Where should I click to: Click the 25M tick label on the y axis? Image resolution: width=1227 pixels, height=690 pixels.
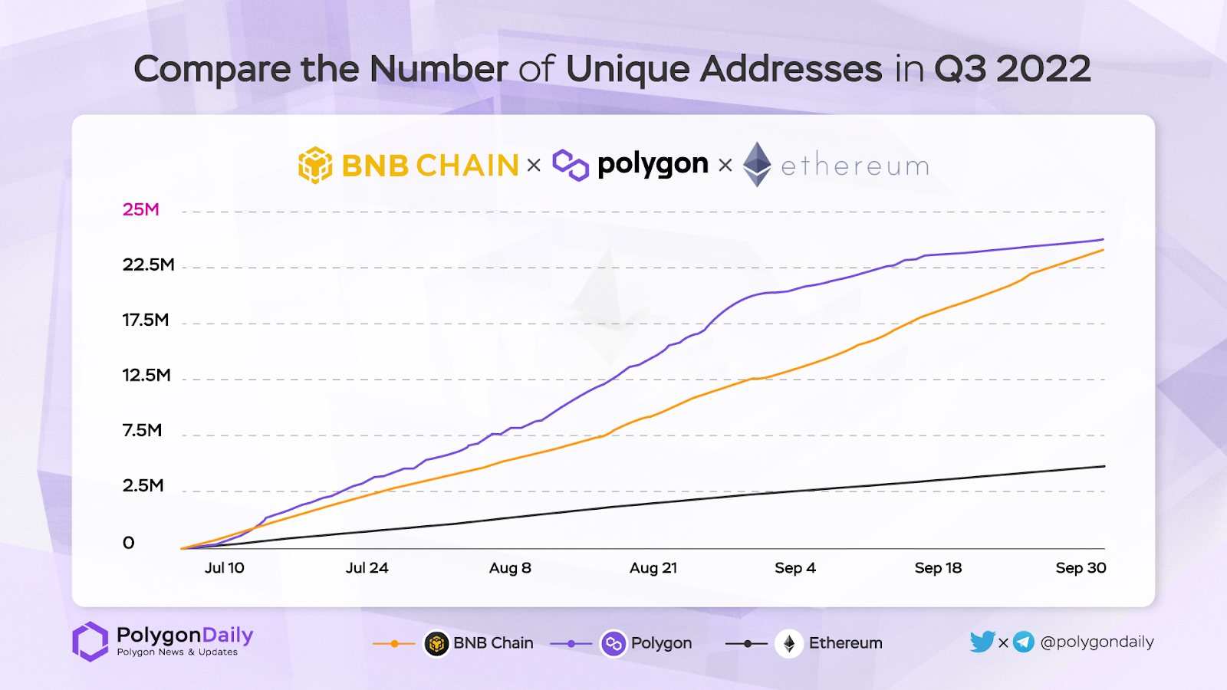coord(141,209)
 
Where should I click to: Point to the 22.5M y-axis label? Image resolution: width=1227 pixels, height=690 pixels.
coord(149,264)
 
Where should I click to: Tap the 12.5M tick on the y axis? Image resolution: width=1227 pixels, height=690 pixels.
coord(146,375)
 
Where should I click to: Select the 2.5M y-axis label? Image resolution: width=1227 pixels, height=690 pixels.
coord(143,485)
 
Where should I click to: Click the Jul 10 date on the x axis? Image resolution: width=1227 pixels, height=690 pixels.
coord(225,568)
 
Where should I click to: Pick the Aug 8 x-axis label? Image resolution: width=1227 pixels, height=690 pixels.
coord(510,568)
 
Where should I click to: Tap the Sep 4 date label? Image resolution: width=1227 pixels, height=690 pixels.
coord(795,568)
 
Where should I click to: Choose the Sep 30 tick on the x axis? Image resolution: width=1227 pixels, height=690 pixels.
coord(1081,568)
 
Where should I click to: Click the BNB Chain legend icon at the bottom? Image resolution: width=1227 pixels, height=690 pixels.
coord(436,643)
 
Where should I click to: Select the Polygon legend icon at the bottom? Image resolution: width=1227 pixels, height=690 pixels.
coord(613,643)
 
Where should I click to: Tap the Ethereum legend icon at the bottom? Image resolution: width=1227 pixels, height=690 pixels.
coord(789,643)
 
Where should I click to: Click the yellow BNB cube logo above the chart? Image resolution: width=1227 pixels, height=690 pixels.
coord(315,165)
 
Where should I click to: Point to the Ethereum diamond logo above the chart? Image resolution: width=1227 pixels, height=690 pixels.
coord(757,164)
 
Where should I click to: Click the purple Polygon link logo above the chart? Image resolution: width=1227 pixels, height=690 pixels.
coord(571,165)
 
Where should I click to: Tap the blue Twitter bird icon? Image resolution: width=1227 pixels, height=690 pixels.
coord(982,642)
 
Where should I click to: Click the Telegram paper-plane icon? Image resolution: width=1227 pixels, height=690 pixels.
coord(1024,642)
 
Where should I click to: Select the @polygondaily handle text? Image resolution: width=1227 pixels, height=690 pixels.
coord(1097,642)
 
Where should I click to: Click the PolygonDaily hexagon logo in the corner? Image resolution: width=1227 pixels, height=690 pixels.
coord(90,641)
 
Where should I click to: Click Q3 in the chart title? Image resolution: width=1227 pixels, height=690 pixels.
coord(960,69)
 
